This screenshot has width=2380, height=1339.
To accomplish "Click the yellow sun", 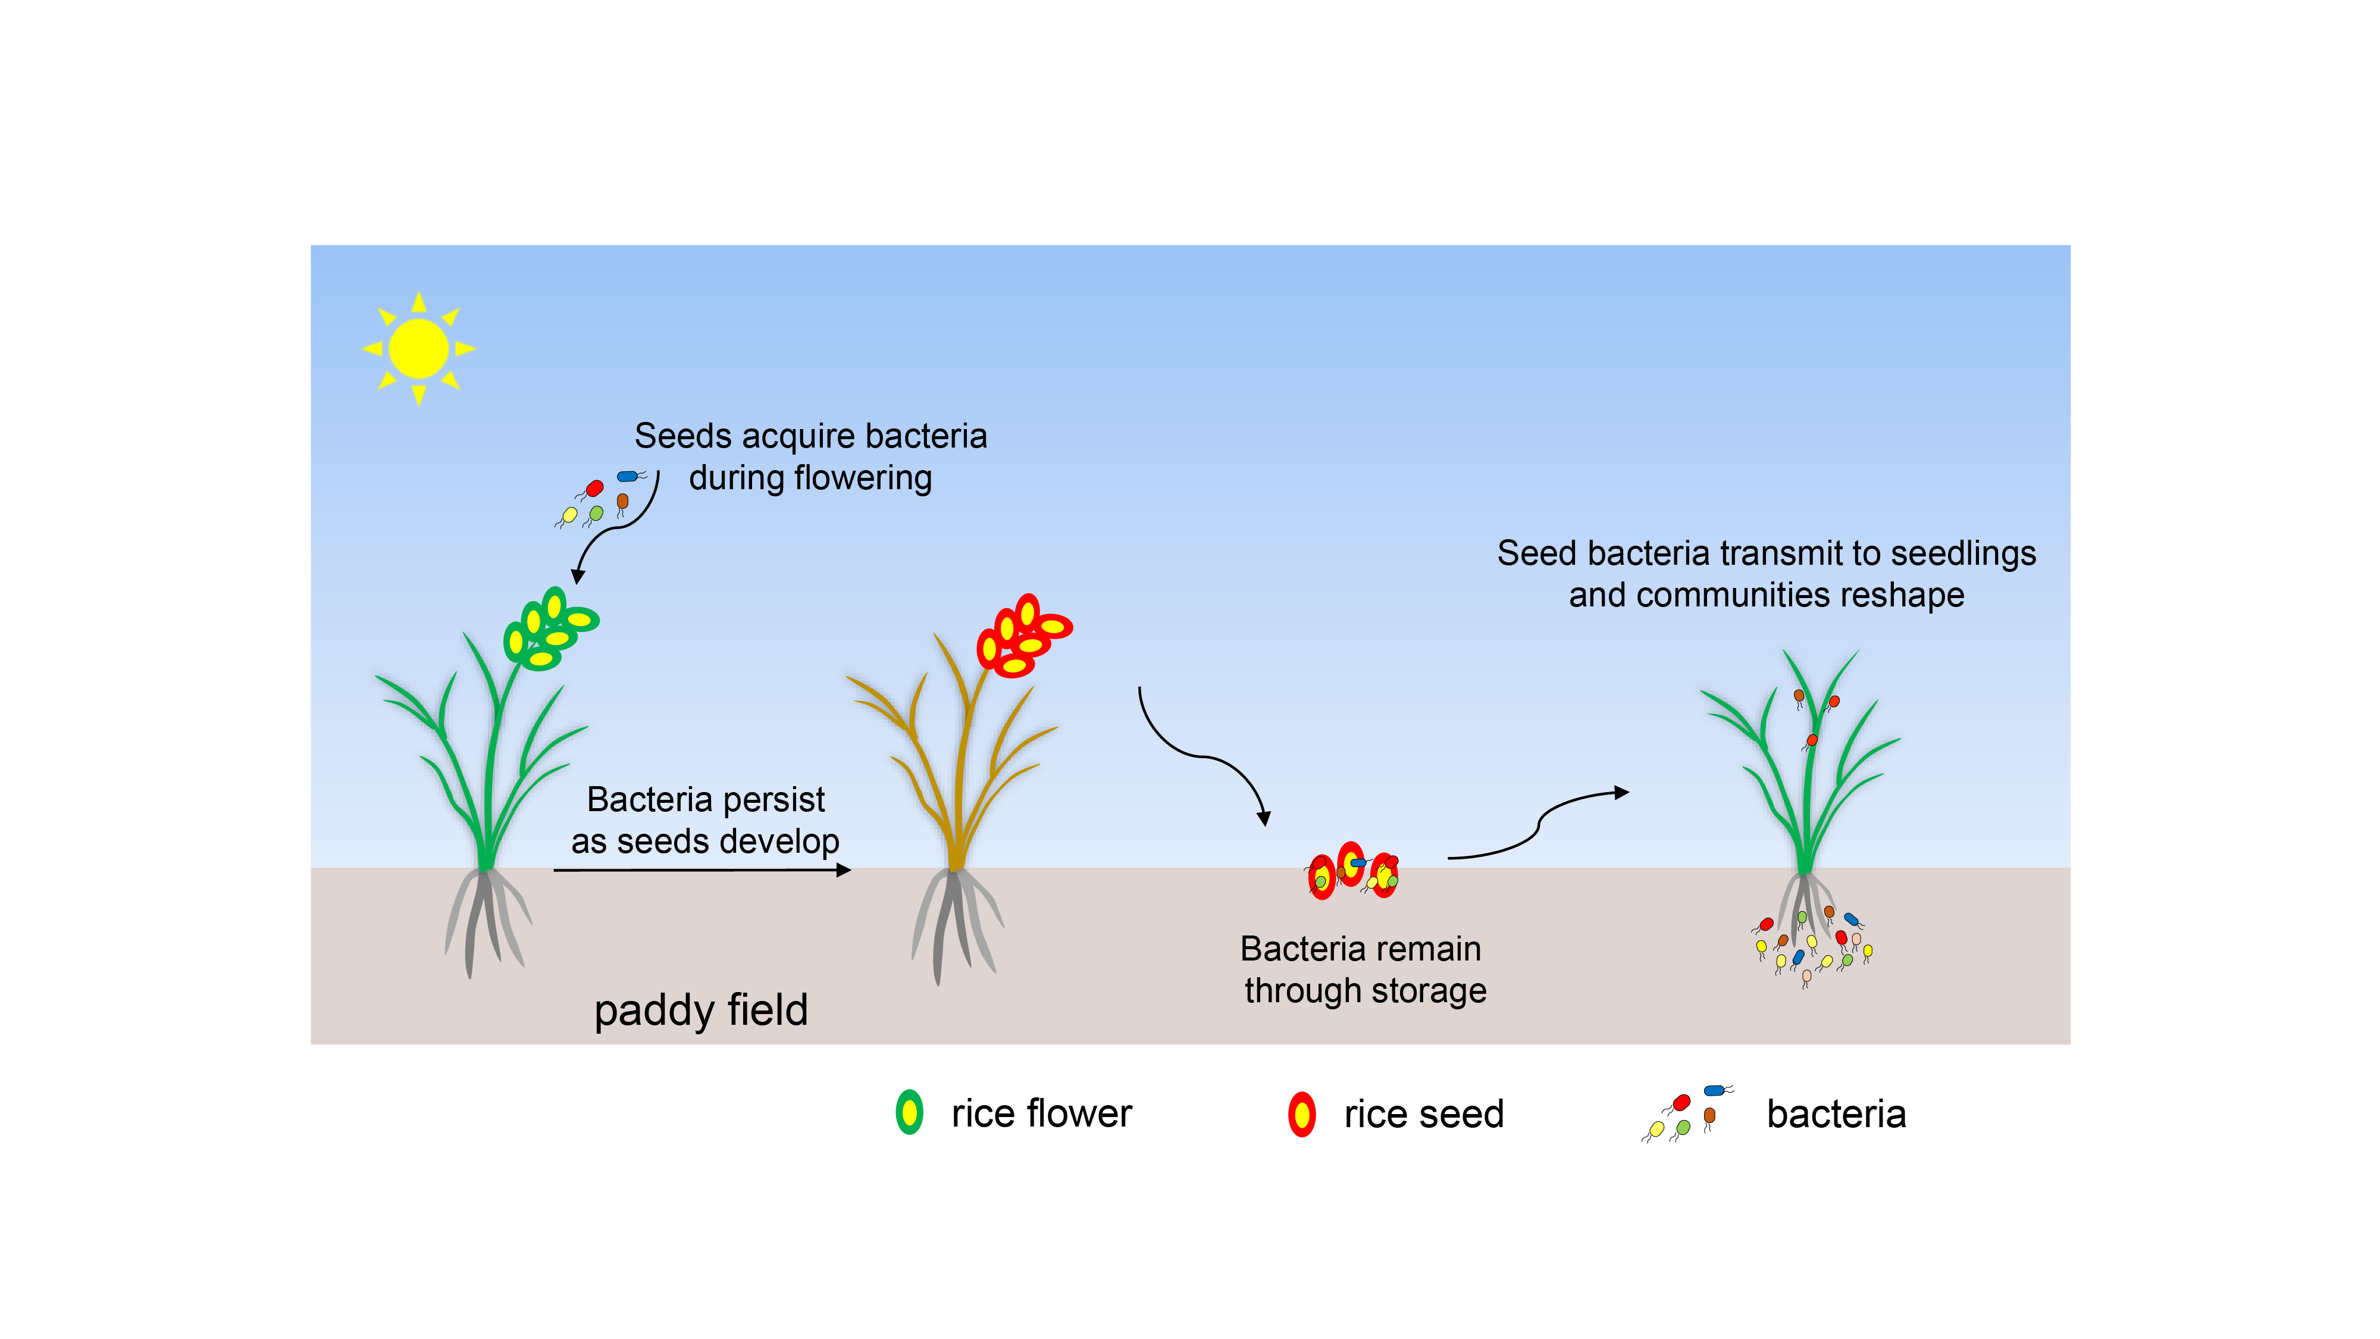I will point(418,348).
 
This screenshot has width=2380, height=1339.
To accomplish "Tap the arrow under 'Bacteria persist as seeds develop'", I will point(702,869).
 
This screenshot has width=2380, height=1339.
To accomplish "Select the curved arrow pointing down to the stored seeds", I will point(1201,756).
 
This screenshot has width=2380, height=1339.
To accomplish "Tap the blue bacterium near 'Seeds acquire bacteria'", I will point(628,477).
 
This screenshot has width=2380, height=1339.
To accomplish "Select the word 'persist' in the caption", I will point(773,799).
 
